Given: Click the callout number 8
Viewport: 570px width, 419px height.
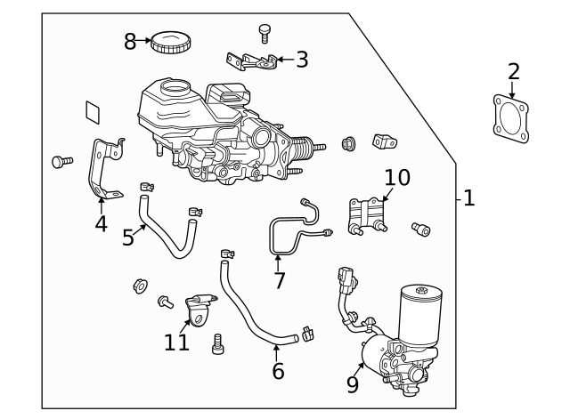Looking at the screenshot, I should pos(131,42).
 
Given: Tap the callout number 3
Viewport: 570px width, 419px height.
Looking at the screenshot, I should pos(302,60).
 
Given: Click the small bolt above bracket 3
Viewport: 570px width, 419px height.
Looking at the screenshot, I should pos(264,32).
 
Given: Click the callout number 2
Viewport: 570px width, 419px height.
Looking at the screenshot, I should pos(513,71).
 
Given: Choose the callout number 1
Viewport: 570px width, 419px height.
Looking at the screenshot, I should pos(468,197).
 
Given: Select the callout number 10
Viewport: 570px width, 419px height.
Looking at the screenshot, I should pos(396,177).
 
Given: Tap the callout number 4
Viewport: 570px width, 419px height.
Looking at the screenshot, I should pos(101,223).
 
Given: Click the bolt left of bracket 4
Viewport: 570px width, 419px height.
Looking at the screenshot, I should pos(61,161).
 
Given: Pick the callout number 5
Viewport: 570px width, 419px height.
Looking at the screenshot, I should pos(128,238).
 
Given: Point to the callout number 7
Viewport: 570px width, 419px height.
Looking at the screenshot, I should pos(279,281).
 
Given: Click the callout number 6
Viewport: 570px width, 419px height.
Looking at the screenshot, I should pos(278,371).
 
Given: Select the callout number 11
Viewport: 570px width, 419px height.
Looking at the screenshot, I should pos(176,342).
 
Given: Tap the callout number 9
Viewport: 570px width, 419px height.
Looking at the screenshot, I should pos(352,384).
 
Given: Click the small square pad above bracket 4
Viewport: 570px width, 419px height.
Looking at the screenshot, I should pos(94,111).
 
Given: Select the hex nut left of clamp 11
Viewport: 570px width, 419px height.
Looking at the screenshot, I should pos(140,286).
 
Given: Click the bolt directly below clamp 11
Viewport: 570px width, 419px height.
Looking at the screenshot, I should pos(218,343).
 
